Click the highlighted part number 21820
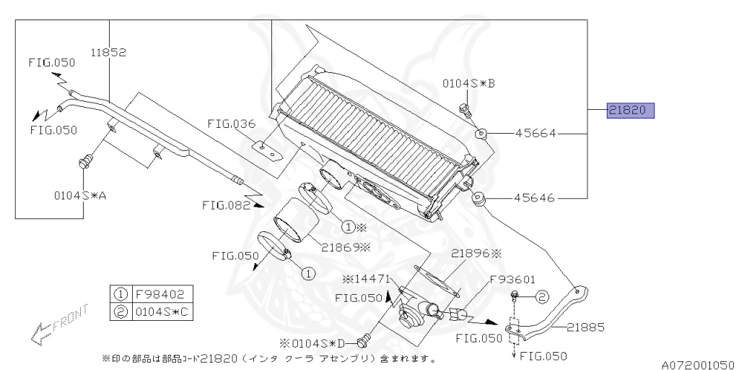(630, 111)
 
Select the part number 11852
(109, 52)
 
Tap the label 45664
(534, 134)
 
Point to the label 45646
(534, 197)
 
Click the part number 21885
(585, 327)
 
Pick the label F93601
(512, 278)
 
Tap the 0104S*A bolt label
(79, 194)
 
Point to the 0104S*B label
(468, 84)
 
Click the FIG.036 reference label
(232, 124)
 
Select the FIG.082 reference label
(226, 205)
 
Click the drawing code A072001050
(698, 364)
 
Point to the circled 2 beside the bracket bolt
(542, 296)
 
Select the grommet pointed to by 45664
(481, 133)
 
